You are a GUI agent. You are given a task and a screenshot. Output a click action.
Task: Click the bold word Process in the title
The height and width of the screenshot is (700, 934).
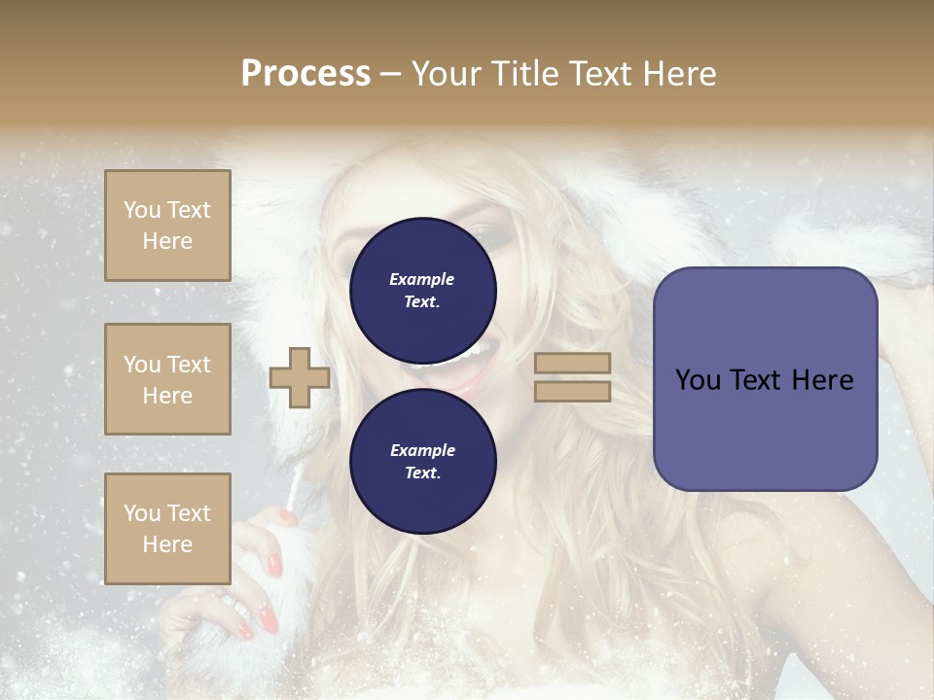[x=305, y=74]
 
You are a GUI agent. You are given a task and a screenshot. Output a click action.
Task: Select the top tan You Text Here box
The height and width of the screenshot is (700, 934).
[x=167, y=226]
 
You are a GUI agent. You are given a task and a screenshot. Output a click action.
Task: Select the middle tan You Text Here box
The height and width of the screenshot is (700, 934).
[x=167, y=379]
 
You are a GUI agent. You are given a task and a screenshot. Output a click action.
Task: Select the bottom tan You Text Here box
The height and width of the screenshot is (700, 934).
[x=167, y=528]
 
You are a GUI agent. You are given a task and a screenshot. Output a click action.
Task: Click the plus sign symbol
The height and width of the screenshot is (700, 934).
[x=299, y=377]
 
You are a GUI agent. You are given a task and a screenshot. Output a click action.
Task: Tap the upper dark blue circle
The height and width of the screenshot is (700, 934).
[x=422, y=290]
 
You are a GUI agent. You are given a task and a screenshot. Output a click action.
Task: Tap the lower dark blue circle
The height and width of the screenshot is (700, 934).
[x=422, y=461]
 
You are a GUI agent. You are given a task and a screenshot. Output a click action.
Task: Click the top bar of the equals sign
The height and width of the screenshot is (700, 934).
[x=573, y=364]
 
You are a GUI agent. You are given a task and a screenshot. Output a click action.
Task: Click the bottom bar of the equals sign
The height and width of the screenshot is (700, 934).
[x=573, y=391]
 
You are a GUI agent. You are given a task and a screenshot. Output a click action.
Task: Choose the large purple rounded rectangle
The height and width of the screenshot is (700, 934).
[x=765, y=378]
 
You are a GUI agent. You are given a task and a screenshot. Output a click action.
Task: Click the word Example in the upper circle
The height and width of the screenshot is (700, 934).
[x=422, y=279]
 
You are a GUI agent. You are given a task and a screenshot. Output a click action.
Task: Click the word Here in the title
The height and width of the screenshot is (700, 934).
[x=678, y=74]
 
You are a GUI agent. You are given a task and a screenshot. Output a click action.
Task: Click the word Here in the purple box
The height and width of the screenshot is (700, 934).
[x=822, y=379]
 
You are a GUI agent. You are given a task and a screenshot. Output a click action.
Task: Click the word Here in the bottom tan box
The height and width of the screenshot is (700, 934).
[x=167, y=544]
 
